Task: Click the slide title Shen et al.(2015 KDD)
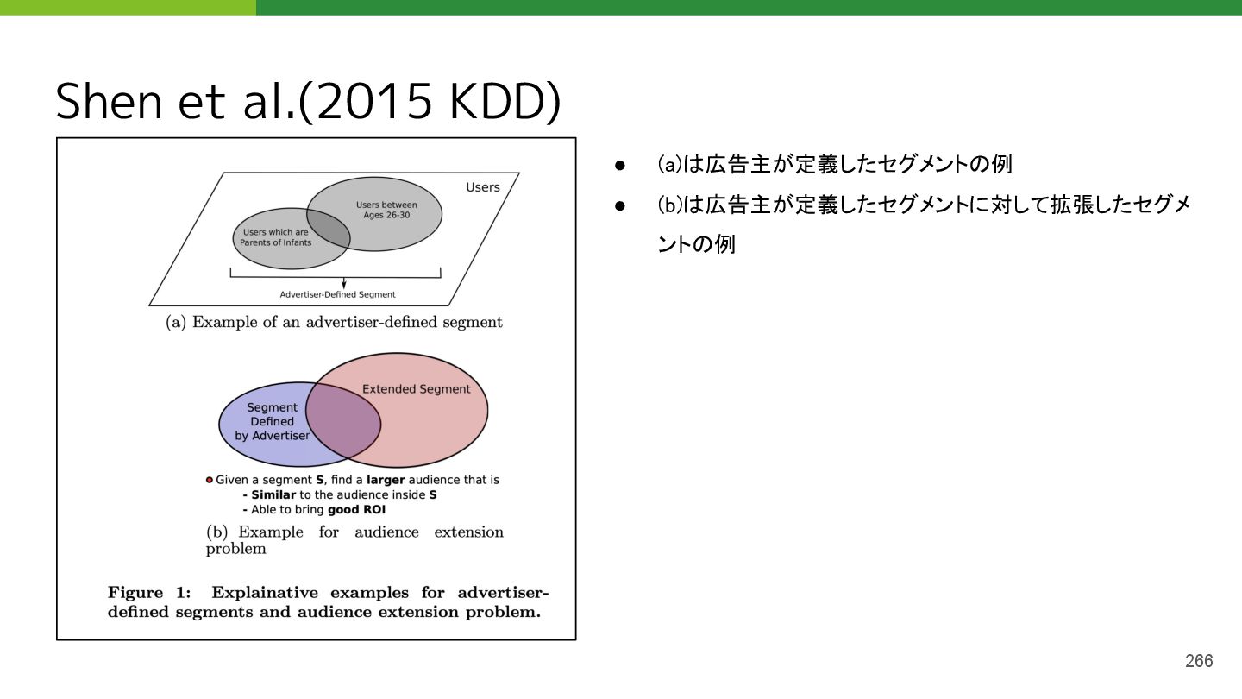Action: point(308,102)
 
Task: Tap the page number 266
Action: point(1198,661)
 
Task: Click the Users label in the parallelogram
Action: point(482,187)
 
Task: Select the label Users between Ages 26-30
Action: point(386,210)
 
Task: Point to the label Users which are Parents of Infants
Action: point(275,237)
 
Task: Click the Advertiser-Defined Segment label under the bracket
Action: point(337,294)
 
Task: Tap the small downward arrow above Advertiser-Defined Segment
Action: point(344,283)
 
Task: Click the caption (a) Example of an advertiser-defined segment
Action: point(334,322)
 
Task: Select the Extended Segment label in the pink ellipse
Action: point(416,389)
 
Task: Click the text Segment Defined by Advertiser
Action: point(272,421)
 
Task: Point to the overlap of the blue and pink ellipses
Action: point(343,420)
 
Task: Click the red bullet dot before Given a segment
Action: point(209,480)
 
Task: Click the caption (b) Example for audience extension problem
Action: point(354,539)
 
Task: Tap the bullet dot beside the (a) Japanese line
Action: point(618,164)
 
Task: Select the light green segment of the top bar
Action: point(128,7)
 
